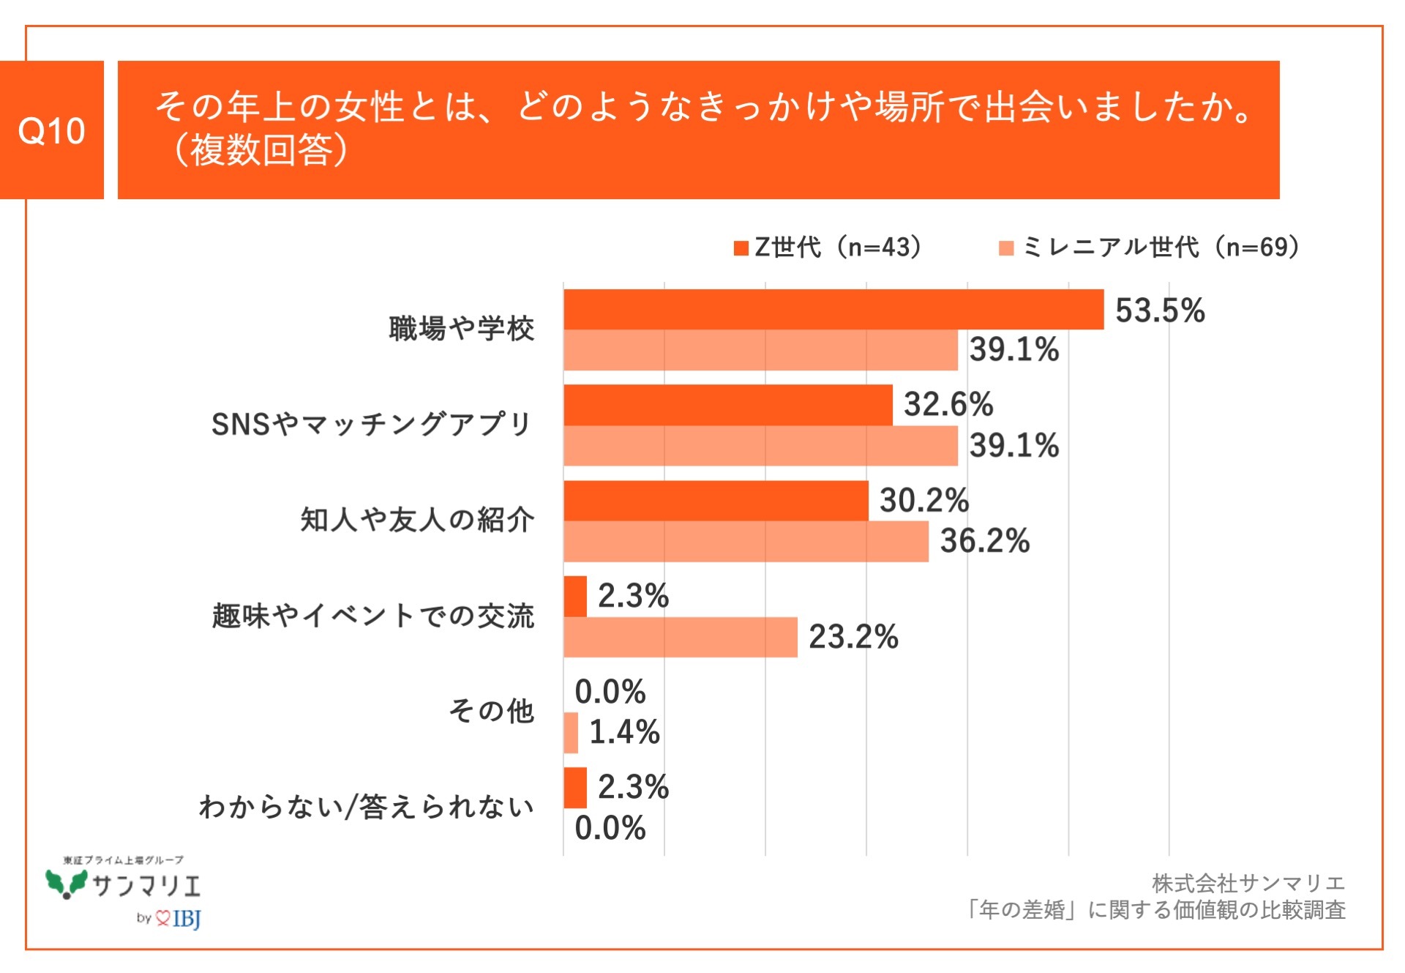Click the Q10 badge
[51, 130]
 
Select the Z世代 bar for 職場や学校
[833, 310]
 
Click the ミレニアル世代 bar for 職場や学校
[760, 350]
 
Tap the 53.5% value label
[1159, 310]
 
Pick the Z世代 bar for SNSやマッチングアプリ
[727, 405]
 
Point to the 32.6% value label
[948, 404]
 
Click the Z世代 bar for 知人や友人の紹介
[715, 501]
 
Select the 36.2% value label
[984, 541]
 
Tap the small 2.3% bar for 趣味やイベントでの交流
[575, 596]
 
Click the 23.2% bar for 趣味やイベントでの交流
[680, 637]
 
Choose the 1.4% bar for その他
[571, 732]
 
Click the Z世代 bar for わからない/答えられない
[575, 788]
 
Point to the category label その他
[491, 711]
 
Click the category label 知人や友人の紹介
[417, 520]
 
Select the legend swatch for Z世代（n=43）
[741, 248]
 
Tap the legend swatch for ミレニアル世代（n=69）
[1006, 248]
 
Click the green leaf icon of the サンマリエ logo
[66, 884]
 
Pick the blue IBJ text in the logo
[187, 918]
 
